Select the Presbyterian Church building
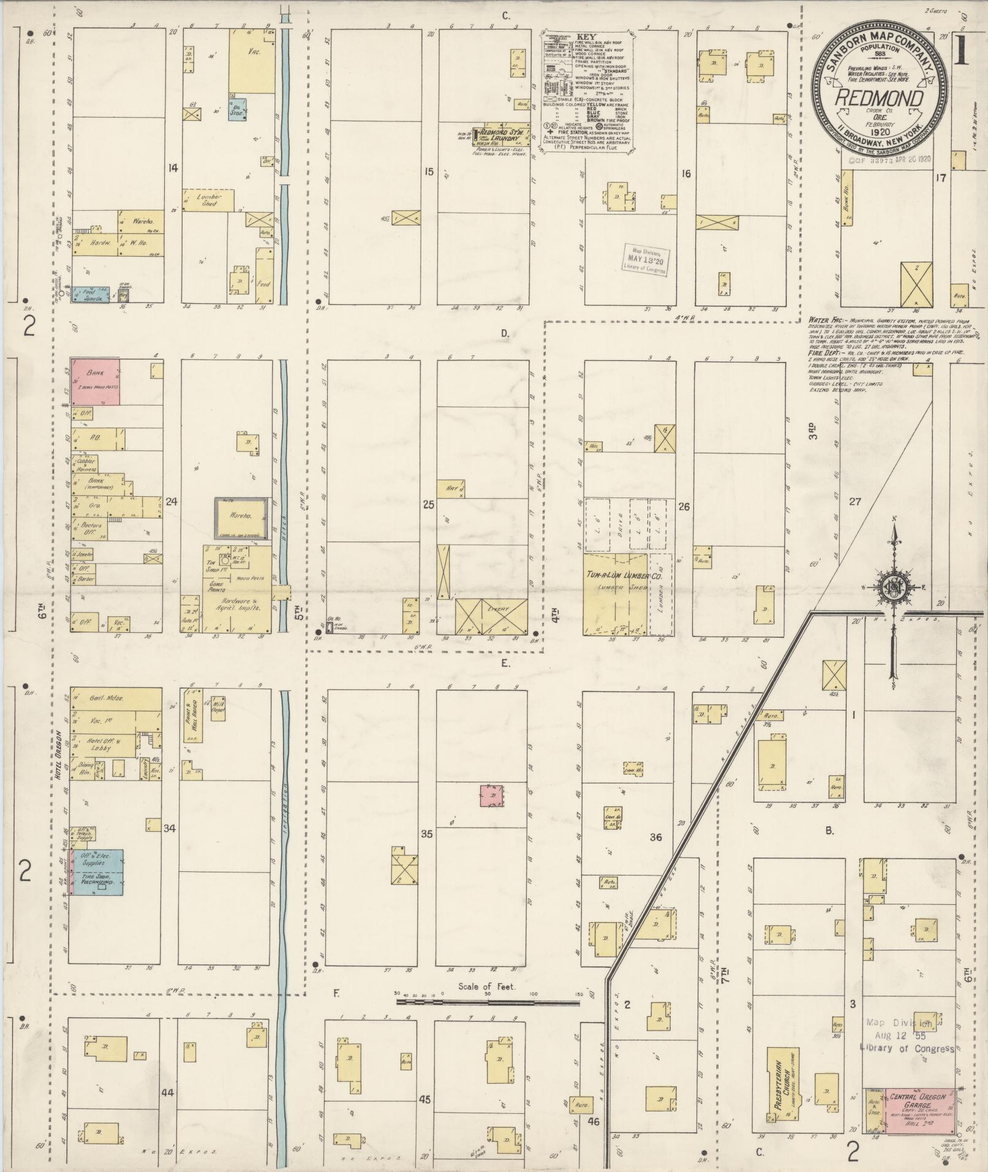[780, 1089]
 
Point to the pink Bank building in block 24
[95, 382]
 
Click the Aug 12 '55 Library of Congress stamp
[907, 1035]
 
